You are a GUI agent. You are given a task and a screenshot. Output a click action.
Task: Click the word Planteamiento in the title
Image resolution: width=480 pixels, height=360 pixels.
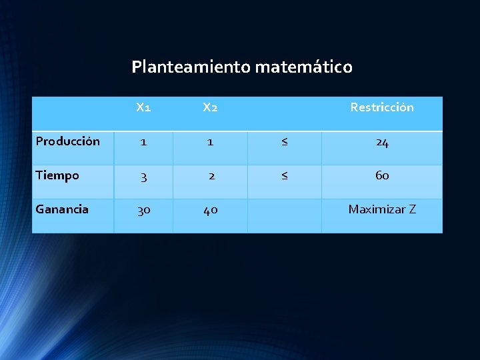pyautogui.click(x=191, y=67)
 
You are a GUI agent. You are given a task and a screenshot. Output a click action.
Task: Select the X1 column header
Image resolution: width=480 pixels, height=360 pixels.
pyautogui.click(x=143, y=107)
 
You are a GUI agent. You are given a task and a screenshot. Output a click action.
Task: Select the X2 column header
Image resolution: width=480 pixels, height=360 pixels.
pyautogui.click(x=210, y=107)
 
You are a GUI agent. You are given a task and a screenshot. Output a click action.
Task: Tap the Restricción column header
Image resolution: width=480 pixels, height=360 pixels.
pyautogui.click(x=382, y=107)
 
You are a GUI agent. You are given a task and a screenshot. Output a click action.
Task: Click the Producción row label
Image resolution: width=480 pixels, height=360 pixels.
pyautogui.click(x=68, y=141)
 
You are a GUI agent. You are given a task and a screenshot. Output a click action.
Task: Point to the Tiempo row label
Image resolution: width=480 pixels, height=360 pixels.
pyautogui.click(x=57, y=175)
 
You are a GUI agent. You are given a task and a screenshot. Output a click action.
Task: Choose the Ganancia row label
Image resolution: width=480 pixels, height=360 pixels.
pyautogui.click(x=62, y=209)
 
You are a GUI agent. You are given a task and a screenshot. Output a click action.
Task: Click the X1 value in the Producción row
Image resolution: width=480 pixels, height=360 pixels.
pyautogui.click(x=143, y=142)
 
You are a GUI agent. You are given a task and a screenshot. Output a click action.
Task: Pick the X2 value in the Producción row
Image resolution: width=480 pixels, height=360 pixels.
pyautogui.click(x=211, y=142)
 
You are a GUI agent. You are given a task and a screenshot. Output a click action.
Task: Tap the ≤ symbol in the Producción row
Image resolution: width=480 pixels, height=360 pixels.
pyautogui.click(x=285, y=142)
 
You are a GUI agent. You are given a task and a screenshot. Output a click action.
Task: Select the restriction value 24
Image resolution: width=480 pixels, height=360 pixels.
pyautogui.click(x=382, y=142)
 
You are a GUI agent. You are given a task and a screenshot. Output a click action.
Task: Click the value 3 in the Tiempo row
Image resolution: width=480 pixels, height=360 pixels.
pyautogui.click(x=143, y=176)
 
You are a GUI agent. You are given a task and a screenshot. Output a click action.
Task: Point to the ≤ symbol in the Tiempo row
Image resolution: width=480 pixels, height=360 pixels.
pyautogui.click(x=285, y=176)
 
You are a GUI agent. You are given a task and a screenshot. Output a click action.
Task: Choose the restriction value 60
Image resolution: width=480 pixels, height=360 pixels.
pyautogui.click(x=382, y=176)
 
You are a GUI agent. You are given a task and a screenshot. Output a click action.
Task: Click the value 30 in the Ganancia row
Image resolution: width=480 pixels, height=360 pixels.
pyautogui.click(x=143, y=210)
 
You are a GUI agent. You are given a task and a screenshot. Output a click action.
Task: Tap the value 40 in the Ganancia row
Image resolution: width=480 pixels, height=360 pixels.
pyautogui.click(x=211, y=210)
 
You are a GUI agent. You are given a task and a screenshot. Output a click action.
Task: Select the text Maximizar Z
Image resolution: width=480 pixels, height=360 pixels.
pyautogui.click(x=382, y=209)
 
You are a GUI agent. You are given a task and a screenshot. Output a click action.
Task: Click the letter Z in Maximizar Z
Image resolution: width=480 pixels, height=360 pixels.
pyautogui.click(x=413, y=209)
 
